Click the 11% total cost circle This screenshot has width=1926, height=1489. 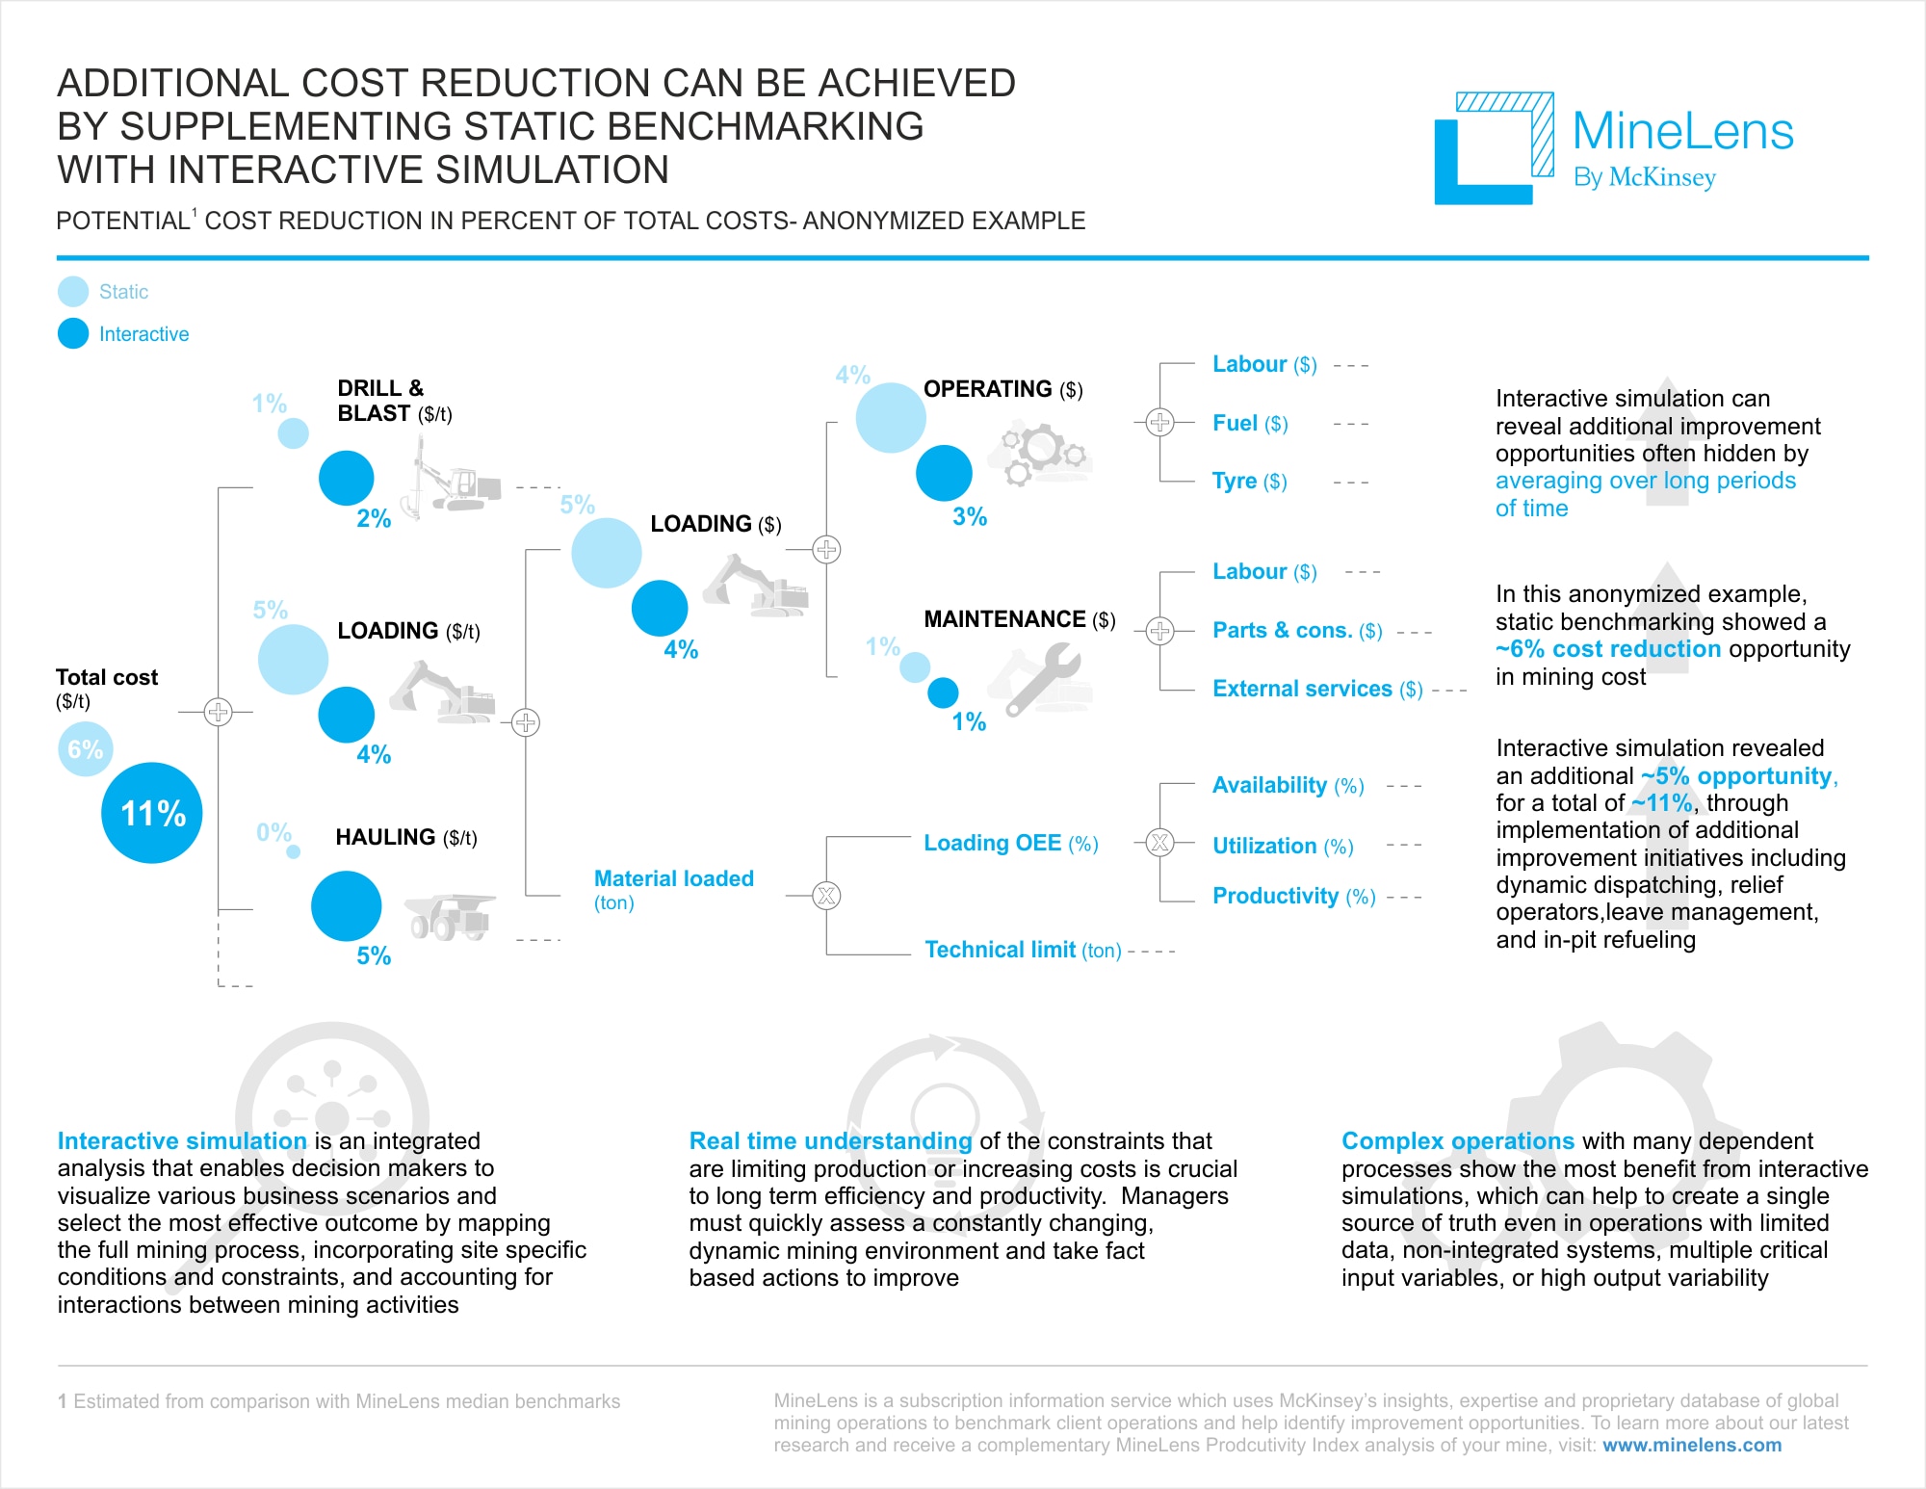tap(152, 813)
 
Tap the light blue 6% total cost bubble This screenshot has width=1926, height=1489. tap(85, 749)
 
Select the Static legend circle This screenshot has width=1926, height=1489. tap(73, 291)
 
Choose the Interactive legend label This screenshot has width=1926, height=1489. tap(143, 334)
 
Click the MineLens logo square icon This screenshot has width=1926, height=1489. tap(1494, 148)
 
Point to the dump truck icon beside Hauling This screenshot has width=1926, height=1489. tap(449, 916)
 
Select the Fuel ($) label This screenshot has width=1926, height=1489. tap(1250, 423)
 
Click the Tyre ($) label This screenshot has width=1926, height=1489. tap(1249, 481)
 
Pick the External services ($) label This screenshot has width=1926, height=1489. tap(1316, 689)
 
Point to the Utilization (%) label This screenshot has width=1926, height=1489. tap(1283, 846)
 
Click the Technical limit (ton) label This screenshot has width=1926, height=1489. tap(1023, 950)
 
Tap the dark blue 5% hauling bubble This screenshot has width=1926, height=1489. tap(346, 906)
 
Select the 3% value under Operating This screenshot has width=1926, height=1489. tap(970, 517)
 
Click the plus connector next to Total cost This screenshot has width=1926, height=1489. tap(219, 712)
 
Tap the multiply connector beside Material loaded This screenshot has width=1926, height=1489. tap(826, 896)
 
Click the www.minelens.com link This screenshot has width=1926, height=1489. tap(1691, 1445)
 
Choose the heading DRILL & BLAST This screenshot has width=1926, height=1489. tap(381, 401)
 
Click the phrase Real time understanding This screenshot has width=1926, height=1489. tap(830, 1141)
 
